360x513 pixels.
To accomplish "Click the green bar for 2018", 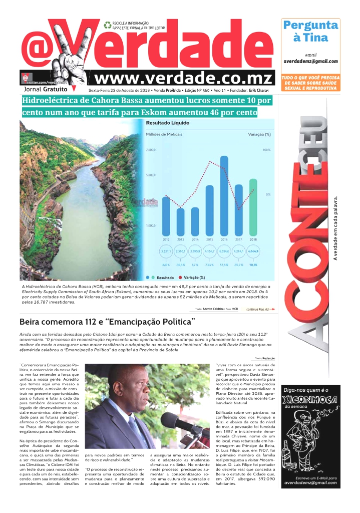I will [253, 206].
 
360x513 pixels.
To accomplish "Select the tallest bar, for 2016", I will [224, 195].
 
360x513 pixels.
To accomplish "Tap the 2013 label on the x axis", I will [181, 239].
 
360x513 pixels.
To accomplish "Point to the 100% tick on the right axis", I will [266, 150].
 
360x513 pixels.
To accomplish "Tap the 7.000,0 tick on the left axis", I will [152, 150].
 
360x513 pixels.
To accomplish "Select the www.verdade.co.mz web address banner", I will [184, 79].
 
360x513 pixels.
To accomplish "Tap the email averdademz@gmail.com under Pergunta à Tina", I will [310, 62].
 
